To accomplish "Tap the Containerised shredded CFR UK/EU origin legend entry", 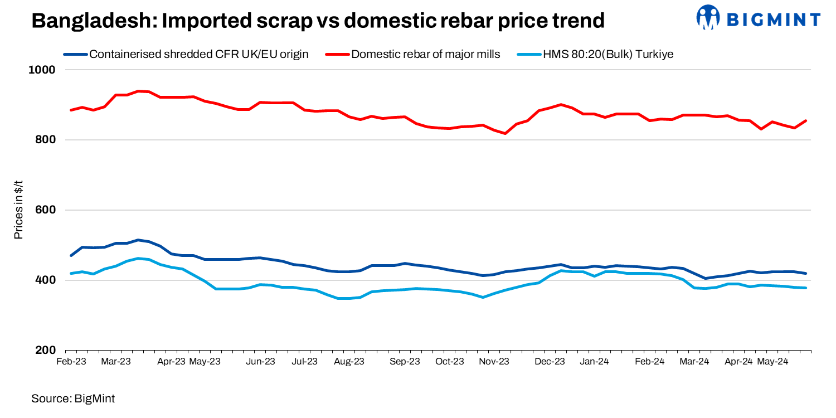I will coord(198,54).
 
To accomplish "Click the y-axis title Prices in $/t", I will coord(18,210).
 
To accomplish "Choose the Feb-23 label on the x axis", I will coord(71,361).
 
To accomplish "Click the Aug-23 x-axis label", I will coord(349,361).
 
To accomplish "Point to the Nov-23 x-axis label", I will coord(494,361).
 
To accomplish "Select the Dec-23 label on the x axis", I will coord(550,361).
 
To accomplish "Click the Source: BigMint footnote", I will coord(73,398).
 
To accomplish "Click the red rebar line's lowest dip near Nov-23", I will coord(505,133).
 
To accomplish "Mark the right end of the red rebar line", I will coord(806,120).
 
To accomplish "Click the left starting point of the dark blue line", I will coord(71,255).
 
